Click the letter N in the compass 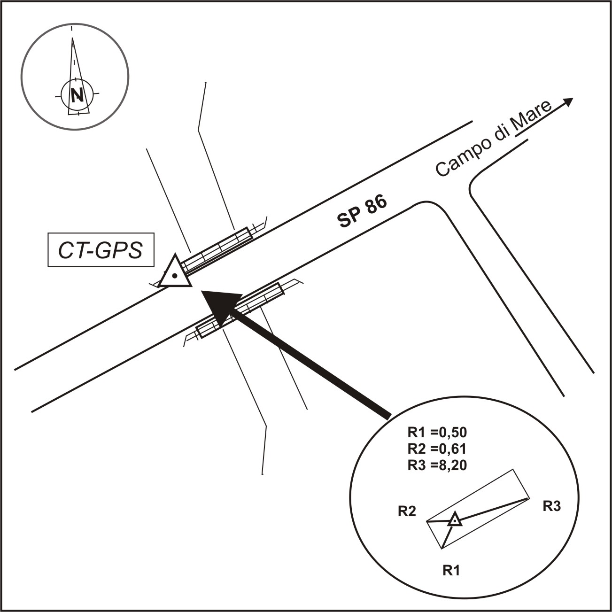77,95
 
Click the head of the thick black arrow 221,303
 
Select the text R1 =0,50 437,432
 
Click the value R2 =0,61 437,449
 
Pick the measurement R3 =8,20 437,465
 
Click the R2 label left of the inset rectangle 407,511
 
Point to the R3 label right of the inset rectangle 551,506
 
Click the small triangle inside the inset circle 454,520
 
